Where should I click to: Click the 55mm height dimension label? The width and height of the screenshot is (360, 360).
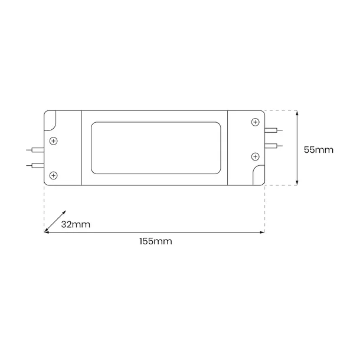pyautogui.click(x=318, y=150)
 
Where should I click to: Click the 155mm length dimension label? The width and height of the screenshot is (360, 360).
pyautogui.click(x=155, y=241)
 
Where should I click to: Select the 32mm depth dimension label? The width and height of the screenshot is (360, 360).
pyautogui.click(x=76, y=225)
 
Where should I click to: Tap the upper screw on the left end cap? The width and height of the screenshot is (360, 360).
pyautogui.click(x=54, y=140)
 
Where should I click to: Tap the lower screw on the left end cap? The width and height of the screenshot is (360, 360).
pyautogui.click(x=54, y=175)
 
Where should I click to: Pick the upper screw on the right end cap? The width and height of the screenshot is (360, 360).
pyautogui.click(x=255, y=122)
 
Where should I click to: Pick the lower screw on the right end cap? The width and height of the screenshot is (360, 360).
pyautogui.click(x=255, y=156)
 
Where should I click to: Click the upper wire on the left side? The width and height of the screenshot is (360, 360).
pyautogui.click(x=35, y=151)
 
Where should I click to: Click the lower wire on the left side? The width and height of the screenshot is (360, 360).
pyautogui.click(x=35, y=166)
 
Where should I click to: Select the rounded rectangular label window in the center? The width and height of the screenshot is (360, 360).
pyautogui.click(x=155, y=148)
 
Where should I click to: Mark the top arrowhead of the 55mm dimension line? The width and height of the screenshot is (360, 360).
pyautogui.click(x=296, y=113)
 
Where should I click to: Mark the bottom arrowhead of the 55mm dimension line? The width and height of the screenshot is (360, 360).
pyautogui.click(x=296, y=183)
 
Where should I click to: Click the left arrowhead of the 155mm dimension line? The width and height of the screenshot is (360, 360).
pyautogui.click(x=47, y=233)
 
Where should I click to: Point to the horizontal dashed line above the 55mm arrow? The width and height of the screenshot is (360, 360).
pyautogui.click(x=280, y=110)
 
